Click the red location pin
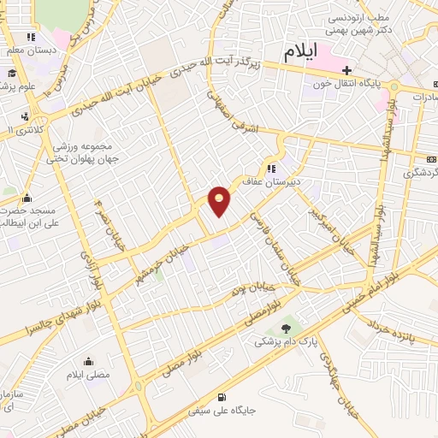(x=220, y=200)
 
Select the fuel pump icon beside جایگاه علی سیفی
(x=222, y=396)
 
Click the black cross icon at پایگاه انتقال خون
(x=346, y=70)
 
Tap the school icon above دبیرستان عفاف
(x=271, y=169)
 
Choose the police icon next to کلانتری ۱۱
(x=25, y=115)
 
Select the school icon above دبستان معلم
(x=31, y=37)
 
